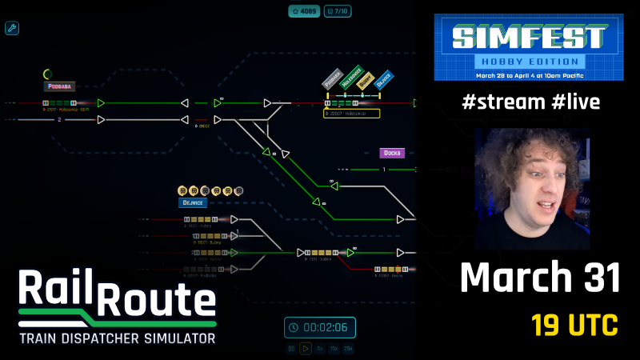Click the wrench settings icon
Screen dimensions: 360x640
click(x=12, y=29)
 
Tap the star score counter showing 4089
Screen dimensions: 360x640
click(x=305, y=12)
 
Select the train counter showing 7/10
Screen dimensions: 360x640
click(x=339, y=12)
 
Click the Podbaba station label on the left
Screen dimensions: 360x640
click(x=59, y=86)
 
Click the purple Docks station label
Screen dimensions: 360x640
click(x=392, y=153)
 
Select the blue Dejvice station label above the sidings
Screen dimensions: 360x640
click(x=194, y=203)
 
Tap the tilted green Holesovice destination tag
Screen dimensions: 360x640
click(x=350, y=78)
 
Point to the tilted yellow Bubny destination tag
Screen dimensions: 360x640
click(x=366, y=80)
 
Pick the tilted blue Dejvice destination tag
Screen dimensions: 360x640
click(x=384, y=79)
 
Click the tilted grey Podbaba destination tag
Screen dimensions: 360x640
click(x=332, y=78)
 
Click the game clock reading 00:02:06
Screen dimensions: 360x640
click(x=320, y=327)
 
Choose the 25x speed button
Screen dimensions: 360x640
click(x=348, y=349)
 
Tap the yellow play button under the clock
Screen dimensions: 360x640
click(x=305, y=349)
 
